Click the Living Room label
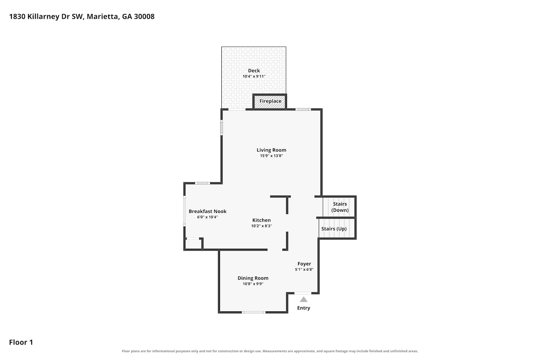271,150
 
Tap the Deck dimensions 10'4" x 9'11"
254,76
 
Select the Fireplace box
270,101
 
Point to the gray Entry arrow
303,299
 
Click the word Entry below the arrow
303,308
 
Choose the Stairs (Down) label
340,207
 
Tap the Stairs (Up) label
334,229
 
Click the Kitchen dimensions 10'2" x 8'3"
262,226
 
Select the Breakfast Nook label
207,211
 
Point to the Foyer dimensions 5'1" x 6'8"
304,269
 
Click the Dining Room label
253,278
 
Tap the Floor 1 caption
21,342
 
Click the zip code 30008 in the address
144,17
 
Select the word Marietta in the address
103,17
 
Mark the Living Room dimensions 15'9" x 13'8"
271,156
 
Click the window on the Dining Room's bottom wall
253,312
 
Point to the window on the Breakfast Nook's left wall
184,211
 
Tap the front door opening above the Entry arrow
303,293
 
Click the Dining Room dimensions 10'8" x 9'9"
253,284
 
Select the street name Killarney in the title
43,17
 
